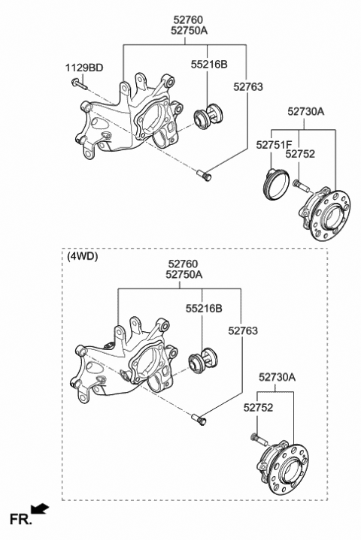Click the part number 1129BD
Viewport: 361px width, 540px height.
click(x=85, y=68)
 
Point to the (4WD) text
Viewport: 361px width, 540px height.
click(x=82, y=255)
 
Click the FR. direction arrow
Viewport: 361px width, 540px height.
click(x=41, y=510)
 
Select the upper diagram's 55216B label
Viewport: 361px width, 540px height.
click(x=207, y=65)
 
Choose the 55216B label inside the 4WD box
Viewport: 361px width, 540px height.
click(x=203, y=309)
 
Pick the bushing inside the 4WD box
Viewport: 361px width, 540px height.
click(x=202, y=361)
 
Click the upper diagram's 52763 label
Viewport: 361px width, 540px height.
click(x=247, y=87)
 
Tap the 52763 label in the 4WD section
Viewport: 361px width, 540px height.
click(x=244, y=330)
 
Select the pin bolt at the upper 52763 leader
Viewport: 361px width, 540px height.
click(x=205, y=176)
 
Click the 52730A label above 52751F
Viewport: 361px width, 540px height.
click(x=305, y=111)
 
